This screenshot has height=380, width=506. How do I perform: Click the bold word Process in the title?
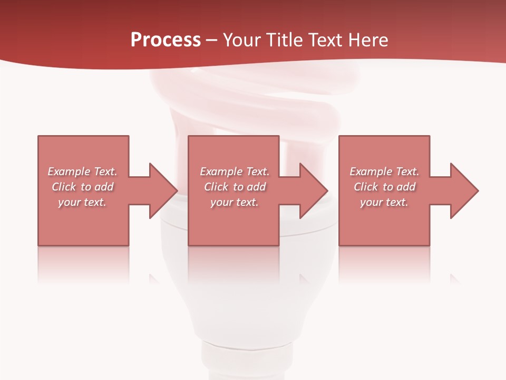point(166,40)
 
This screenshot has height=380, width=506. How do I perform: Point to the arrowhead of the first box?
point(163,191)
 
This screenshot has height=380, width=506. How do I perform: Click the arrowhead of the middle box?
point(314,191)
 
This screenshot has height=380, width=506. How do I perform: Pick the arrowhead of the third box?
point(464,191)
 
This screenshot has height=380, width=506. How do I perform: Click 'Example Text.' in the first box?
point(83,172)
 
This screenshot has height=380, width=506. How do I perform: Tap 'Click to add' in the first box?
point(83,187)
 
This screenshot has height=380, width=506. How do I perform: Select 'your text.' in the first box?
point(83,202)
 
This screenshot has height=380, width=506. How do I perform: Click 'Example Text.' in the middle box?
point(235,172)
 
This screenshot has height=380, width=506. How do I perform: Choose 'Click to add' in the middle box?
point(235,187)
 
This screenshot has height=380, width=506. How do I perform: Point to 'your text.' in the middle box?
point(235,202)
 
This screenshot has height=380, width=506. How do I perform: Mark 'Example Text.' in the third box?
point(384,172)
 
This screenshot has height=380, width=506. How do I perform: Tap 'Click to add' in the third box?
point(384,187)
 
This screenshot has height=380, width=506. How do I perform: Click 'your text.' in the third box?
point(384,202)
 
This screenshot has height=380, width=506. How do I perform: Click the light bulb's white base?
point(248,296)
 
